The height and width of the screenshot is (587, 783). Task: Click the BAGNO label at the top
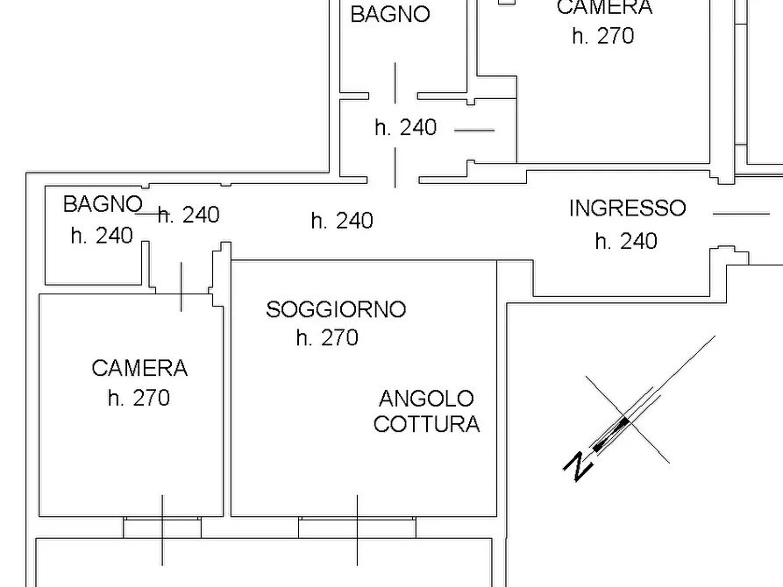390,15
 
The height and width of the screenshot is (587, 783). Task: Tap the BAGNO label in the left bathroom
102,205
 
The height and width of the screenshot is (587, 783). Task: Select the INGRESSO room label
627,209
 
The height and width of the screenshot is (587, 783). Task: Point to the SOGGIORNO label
336,309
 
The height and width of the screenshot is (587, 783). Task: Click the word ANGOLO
426,399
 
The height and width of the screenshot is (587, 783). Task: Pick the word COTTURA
426,424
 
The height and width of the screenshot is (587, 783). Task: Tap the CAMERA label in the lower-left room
139,369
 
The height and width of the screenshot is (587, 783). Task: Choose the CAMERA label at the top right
604,8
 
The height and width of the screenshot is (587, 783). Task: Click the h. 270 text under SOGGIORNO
327,337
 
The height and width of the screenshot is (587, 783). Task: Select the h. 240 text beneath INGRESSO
626,241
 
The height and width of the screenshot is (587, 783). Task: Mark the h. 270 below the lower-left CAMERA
139,399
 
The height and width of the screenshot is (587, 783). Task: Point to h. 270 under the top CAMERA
602,36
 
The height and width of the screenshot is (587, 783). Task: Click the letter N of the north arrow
577,466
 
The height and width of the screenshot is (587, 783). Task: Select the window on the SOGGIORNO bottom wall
357,527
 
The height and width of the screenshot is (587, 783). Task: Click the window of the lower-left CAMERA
162,527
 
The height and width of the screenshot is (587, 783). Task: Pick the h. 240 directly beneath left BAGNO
102,236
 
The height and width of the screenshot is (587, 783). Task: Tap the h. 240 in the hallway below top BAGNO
405,128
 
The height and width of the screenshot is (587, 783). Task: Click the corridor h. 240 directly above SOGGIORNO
342,221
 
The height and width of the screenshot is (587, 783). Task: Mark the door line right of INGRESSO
741,213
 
